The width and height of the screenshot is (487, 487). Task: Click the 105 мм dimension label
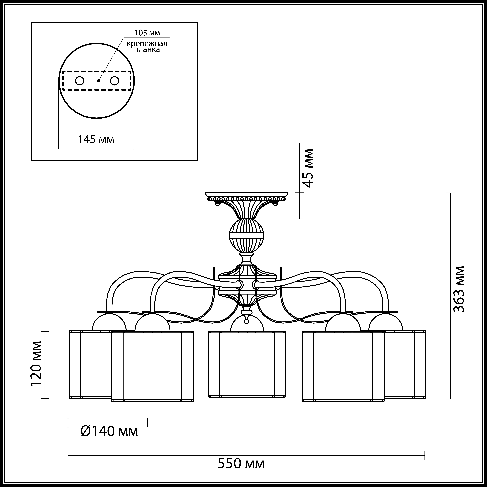pos(147,33)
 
